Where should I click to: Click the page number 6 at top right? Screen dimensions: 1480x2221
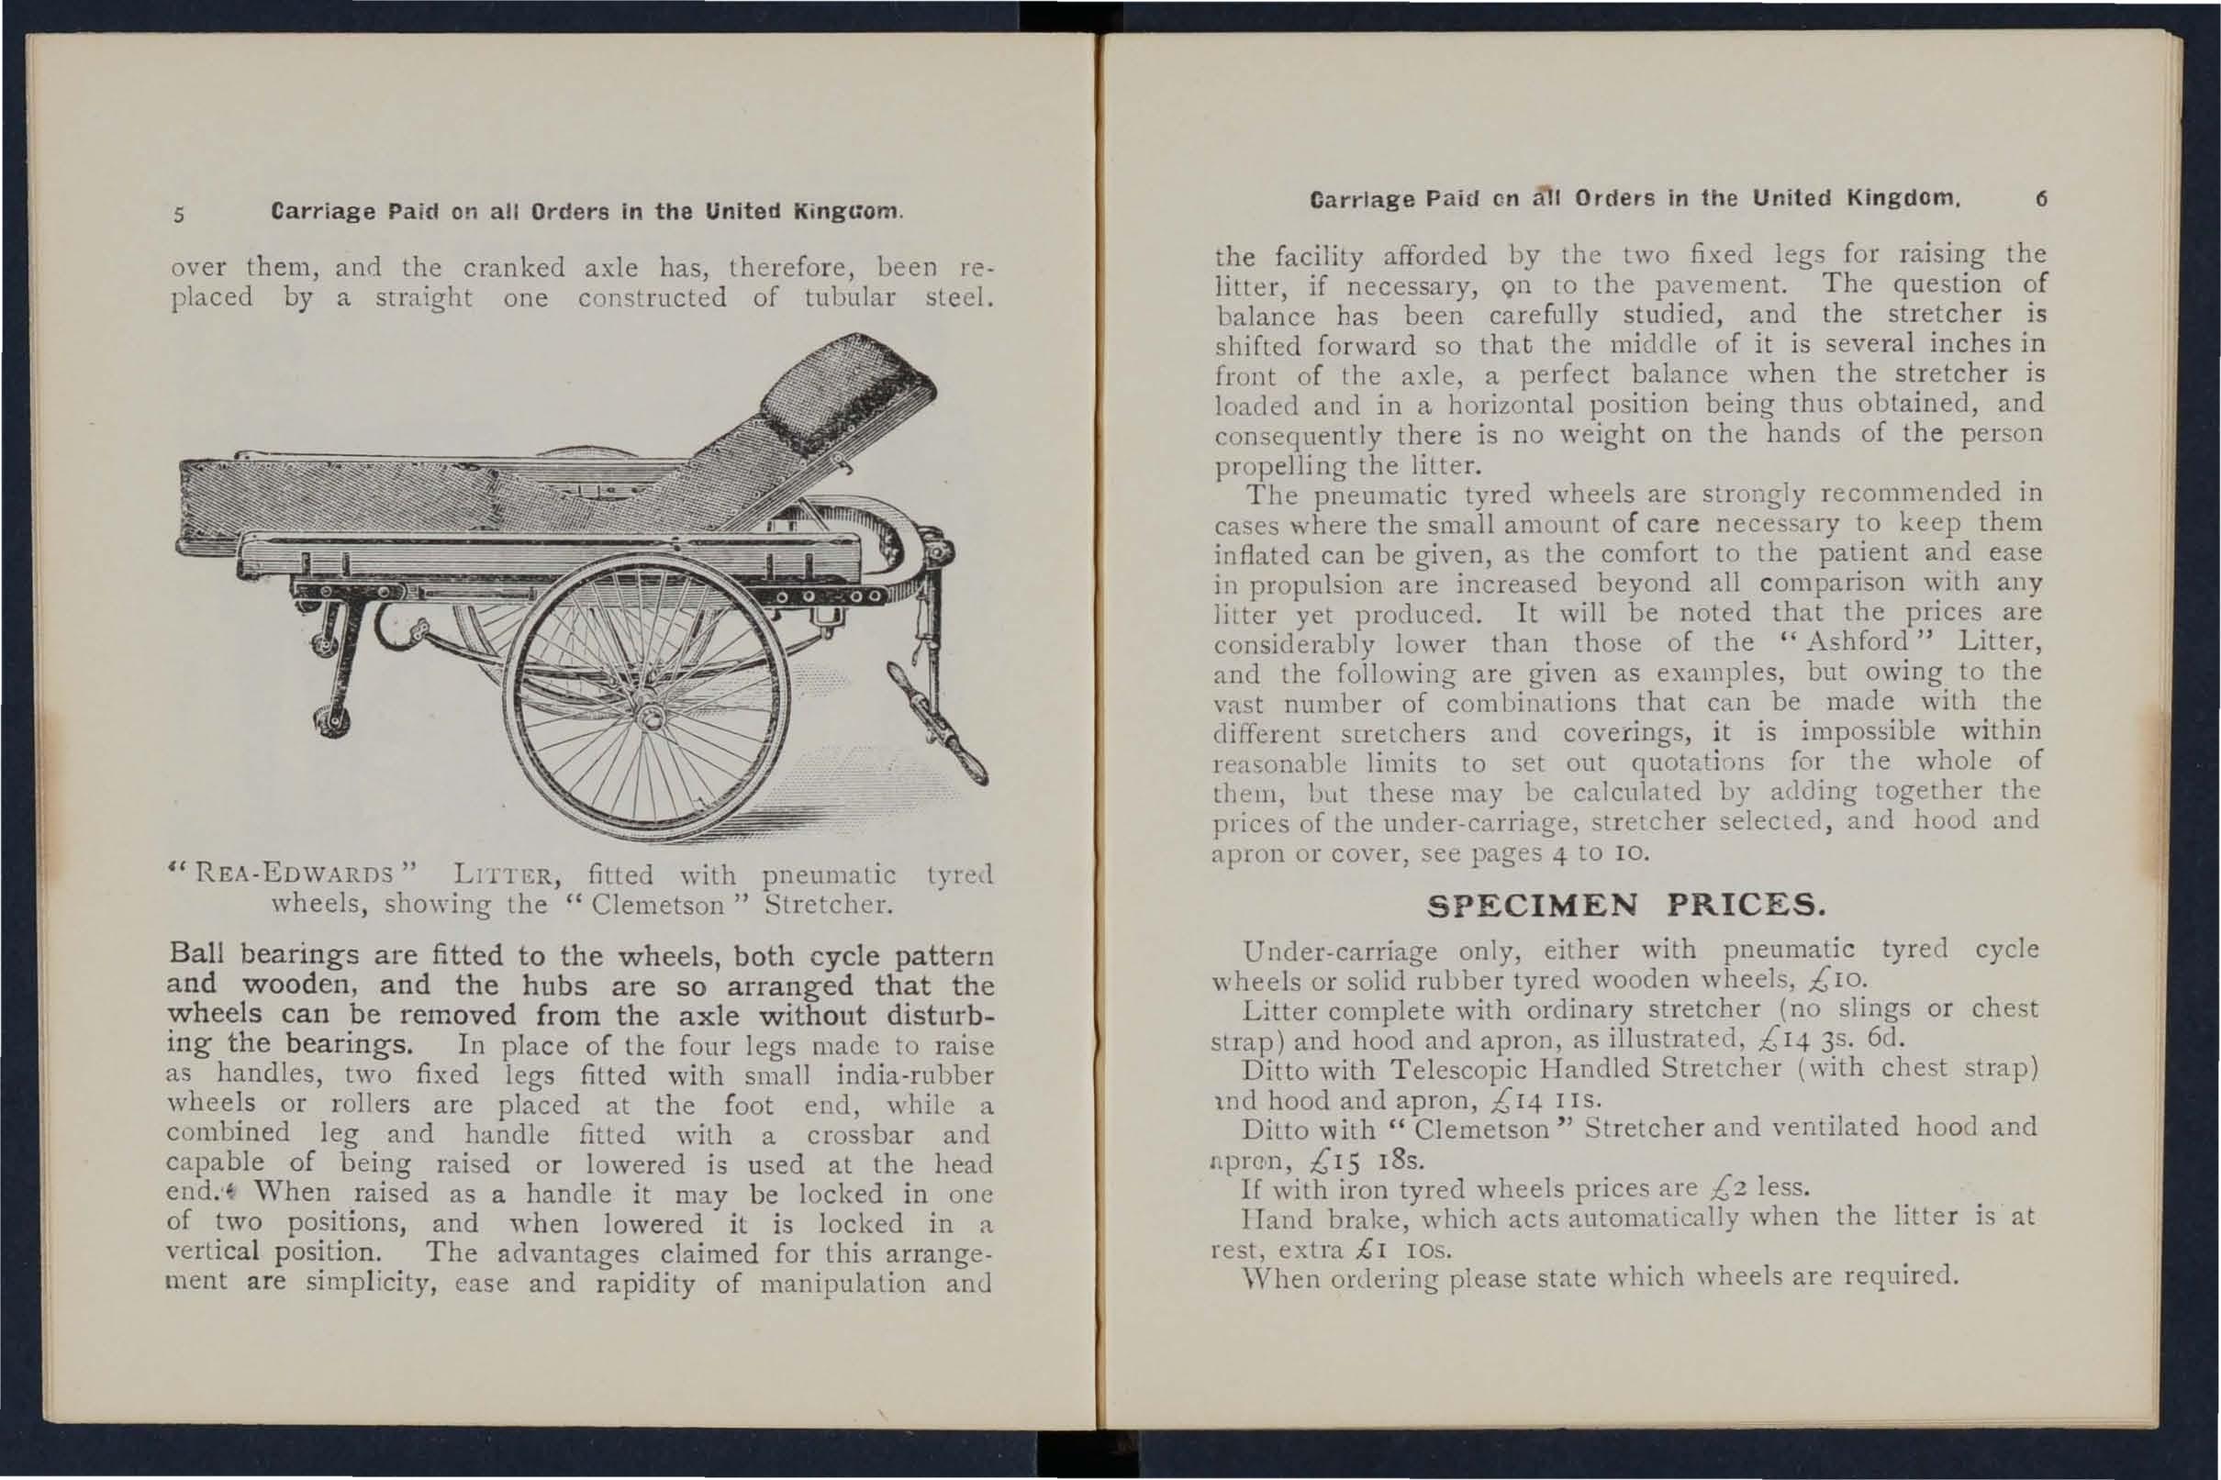point(2041,200)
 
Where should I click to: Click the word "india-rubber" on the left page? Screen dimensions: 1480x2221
point(914,1076)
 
